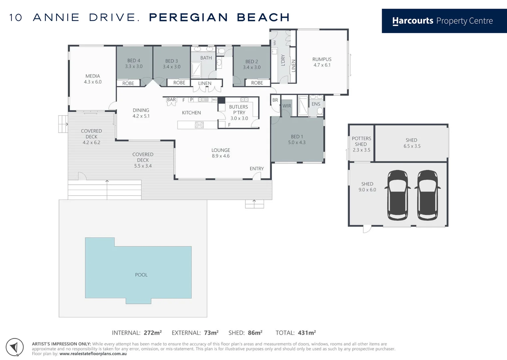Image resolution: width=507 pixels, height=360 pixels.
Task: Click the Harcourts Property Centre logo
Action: pyautogui.click(x=442, y=21)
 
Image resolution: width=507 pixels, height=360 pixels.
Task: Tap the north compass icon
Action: pyautogui.click(x=15, y=347)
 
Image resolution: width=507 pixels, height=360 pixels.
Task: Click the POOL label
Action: pyautogui.click(x=141, y=275)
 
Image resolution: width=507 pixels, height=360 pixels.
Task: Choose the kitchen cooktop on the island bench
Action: pyautogui.click(x=199, y=125)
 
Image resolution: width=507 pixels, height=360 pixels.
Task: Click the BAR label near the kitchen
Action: pyautogui.click(x=172, y=100)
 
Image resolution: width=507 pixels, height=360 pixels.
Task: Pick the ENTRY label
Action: pyautogui.click(x=256, y=169)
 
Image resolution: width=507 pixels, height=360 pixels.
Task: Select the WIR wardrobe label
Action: pyautogui.click(x=287, y=106)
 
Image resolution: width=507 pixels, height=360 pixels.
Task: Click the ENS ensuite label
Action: pyautogui.click(x=316, y=104)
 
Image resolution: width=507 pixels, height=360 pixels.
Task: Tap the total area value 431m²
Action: pyautogui.click(x=307, y=333)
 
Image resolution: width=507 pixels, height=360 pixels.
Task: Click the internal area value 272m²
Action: pyautogui.click(x=153, y=333)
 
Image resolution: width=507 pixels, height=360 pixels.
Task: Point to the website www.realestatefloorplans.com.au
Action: pyautogui.click(x=93, y=354)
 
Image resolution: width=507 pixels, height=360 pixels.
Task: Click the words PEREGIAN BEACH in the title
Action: pyautogui.click(x=219, y=17)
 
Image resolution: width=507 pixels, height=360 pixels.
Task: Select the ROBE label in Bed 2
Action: pyautogui.click(x=257, y=83)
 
